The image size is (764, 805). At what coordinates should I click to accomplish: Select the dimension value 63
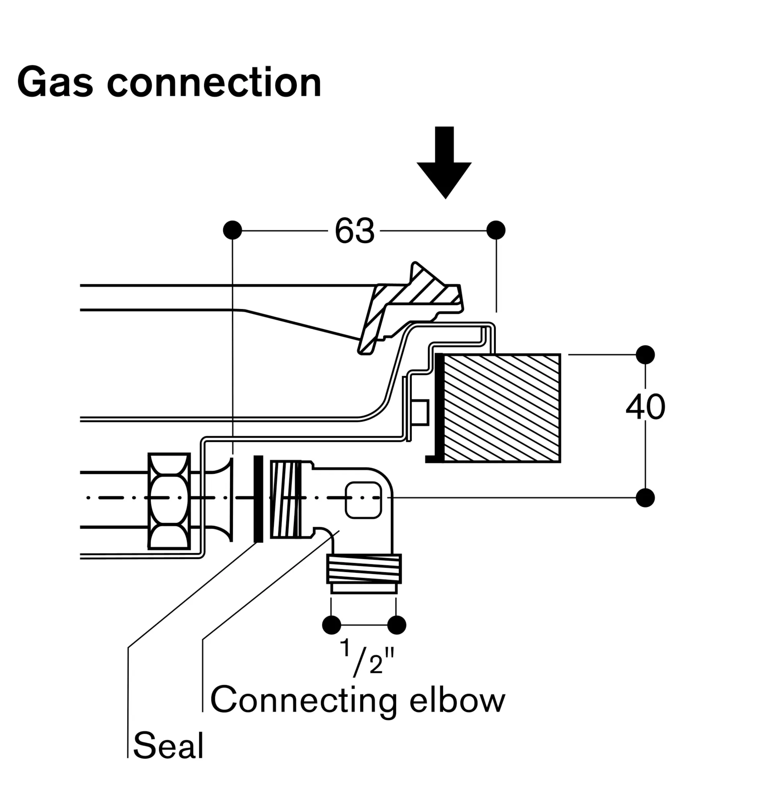point(354,231)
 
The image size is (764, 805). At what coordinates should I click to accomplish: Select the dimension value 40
point(645,407)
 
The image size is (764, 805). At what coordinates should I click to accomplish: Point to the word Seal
point(168,745)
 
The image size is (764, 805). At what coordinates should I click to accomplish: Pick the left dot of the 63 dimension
point(232,230)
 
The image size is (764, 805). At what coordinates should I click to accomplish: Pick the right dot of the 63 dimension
point(496,230)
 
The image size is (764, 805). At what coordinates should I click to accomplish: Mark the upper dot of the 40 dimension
point(645,355)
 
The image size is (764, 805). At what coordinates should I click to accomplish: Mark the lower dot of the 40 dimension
point(645,497)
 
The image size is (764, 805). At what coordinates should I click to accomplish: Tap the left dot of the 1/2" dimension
point(331,625)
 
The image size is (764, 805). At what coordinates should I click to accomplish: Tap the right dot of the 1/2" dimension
point(396,625)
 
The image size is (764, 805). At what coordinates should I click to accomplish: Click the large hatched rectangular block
point(501,408)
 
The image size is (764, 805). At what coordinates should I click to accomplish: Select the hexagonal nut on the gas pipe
point(169,501)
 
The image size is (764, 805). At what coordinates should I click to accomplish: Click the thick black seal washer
point(258,499)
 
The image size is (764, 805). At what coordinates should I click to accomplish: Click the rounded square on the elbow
point(363,500)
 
